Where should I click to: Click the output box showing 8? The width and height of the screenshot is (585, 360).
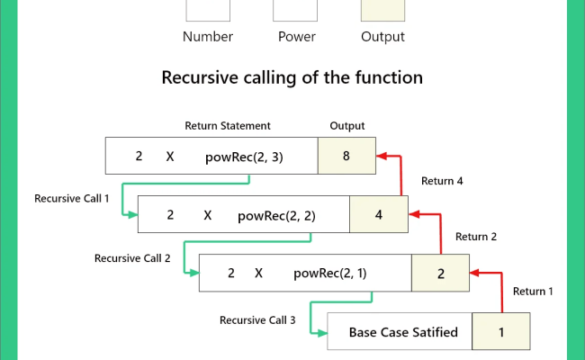tap(346, 156)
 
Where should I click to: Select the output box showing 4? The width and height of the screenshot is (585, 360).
tap(378, 215)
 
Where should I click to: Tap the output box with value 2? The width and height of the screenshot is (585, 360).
tap(440, 274)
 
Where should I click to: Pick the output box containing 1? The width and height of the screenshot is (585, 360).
tap(500, 332)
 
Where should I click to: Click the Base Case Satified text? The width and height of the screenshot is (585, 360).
tap(403, 332)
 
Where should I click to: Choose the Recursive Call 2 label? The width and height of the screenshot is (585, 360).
tap(131, 257)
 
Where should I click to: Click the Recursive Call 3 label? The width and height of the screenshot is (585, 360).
tap(256, 319)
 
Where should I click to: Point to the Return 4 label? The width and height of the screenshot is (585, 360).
tap(442, 181)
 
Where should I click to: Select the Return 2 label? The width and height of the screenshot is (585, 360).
tap(477, 238)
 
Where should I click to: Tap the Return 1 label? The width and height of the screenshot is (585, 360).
tap(534, 291)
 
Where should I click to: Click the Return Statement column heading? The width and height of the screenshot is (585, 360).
tap(228, 126)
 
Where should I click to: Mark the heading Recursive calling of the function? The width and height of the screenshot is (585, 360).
tap(292, 77)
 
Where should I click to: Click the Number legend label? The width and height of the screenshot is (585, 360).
tap(208, 37)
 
